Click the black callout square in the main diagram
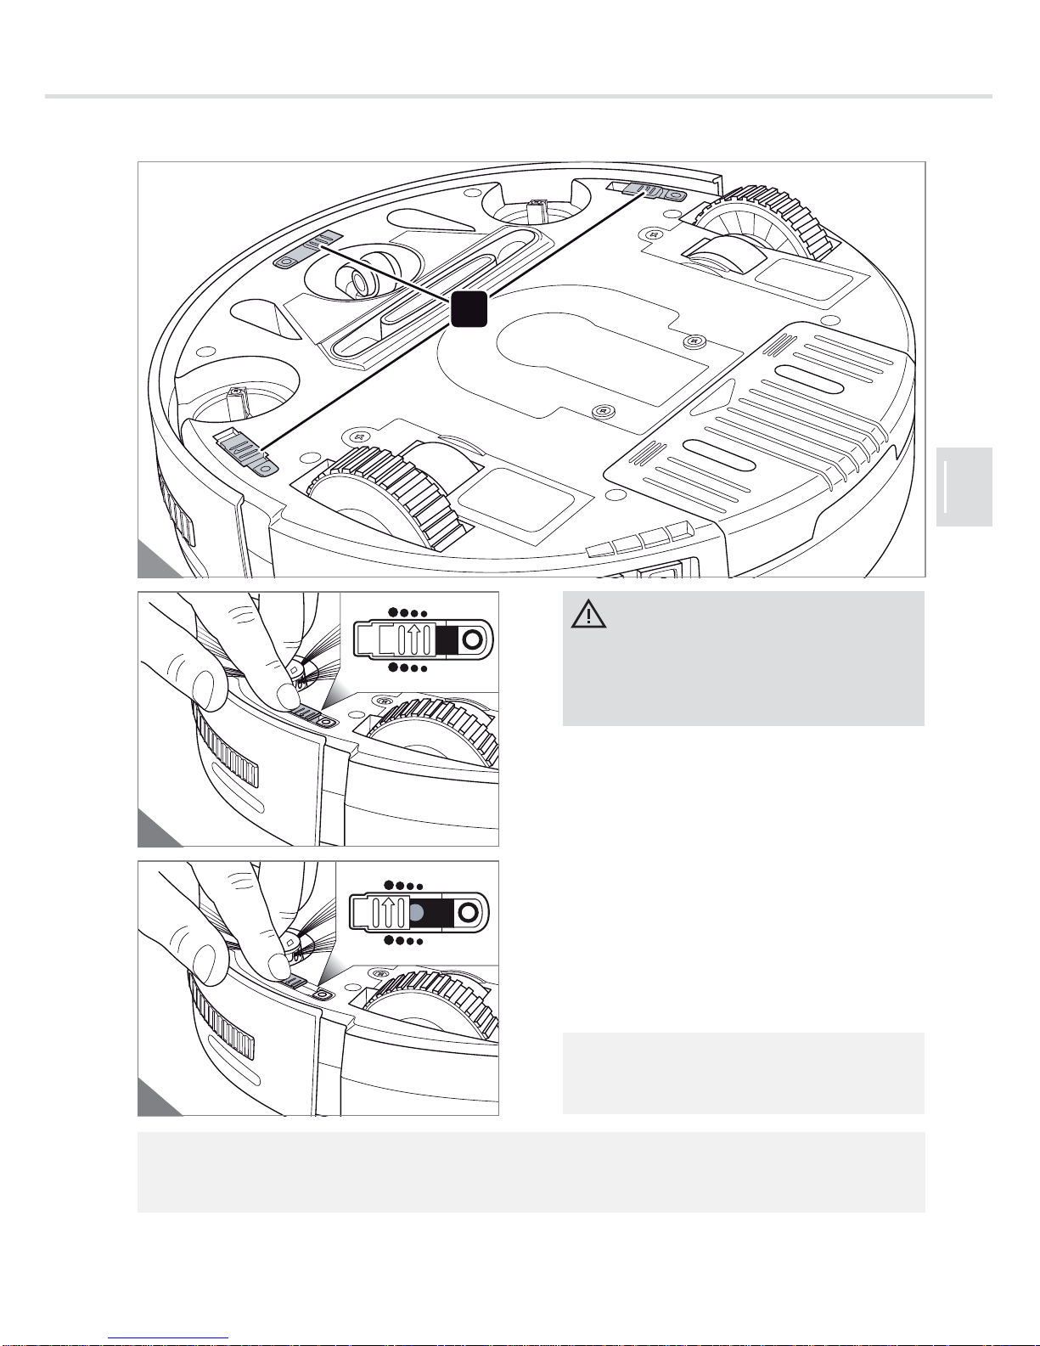pos(469,308)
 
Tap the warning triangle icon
pos(588,614)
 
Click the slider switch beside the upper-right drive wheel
pos(649,191)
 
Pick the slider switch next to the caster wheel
pos(308,253)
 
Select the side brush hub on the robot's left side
pos(238,399)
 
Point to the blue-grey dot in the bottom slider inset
pos(417,913)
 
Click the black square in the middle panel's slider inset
pos(447,640)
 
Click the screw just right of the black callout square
pos(694,341)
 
